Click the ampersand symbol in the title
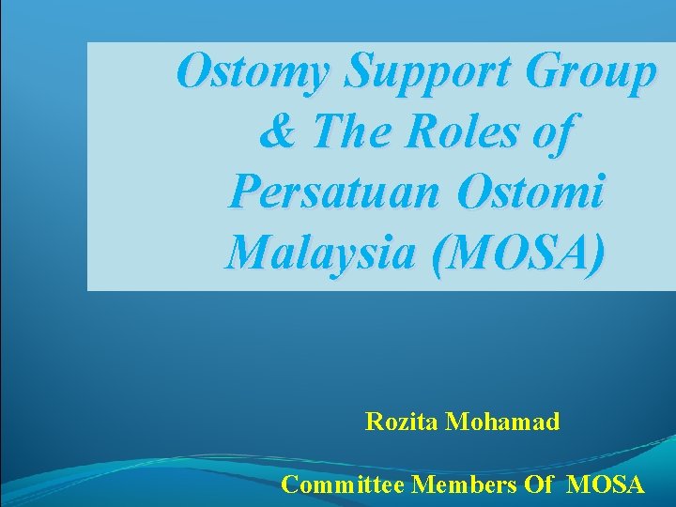coord(275,132)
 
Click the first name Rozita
coord(403,422)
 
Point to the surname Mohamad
coord(503,422)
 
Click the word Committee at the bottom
coord(343,484)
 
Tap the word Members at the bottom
coord(459,484)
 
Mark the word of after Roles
coord(554,132)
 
